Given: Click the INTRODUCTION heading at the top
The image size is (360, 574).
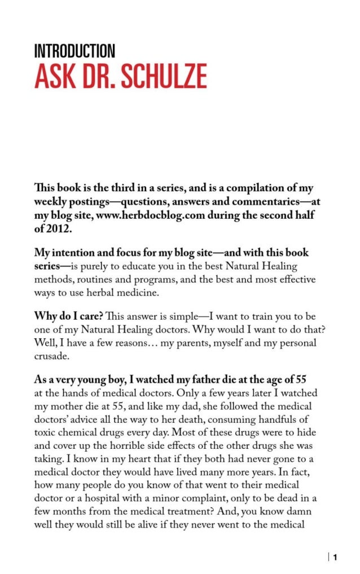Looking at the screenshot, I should click(74, 52).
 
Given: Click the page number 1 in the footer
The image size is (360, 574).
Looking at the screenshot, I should click(335, 558).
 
